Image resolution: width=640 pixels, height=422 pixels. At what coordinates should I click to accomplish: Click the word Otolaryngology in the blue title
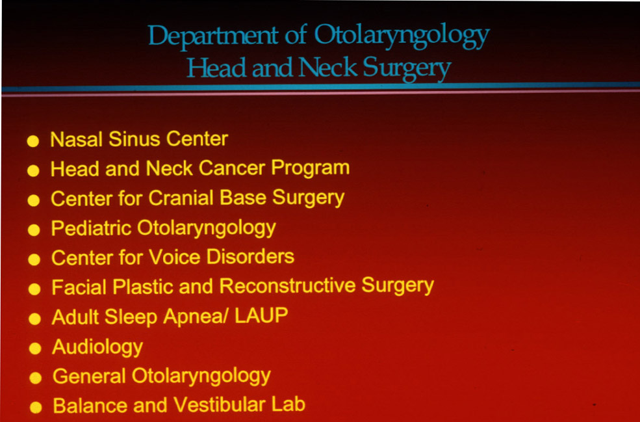pyautogui.click(x=402, y=36)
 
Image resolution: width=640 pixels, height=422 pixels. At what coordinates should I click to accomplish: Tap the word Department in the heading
pyautogui.click(x=213, y=36)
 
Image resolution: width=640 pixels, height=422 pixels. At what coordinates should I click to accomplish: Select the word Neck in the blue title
pyautogui.click(x=328, y=68)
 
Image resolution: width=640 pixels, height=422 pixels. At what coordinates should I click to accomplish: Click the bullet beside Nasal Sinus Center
pyautogui.click(x=32, y=141)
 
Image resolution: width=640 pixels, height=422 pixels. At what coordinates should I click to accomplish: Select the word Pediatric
pyautogui.click(x=91, y=228)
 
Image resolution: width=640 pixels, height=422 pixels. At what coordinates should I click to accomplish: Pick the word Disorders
pyautogui.click(x=250, y=257)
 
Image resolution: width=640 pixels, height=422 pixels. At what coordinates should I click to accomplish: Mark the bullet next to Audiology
pyautogui.click(x=35, y=349)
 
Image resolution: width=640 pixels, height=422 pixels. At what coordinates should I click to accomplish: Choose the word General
pyautogui.click(x=89, y=376)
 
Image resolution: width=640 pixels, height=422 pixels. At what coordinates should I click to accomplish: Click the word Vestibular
pyautogui.click(x=220, y=405)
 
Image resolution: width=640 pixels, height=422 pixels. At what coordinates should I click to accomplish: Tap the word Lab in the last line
pyautogui.click(x=288, y=405)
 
